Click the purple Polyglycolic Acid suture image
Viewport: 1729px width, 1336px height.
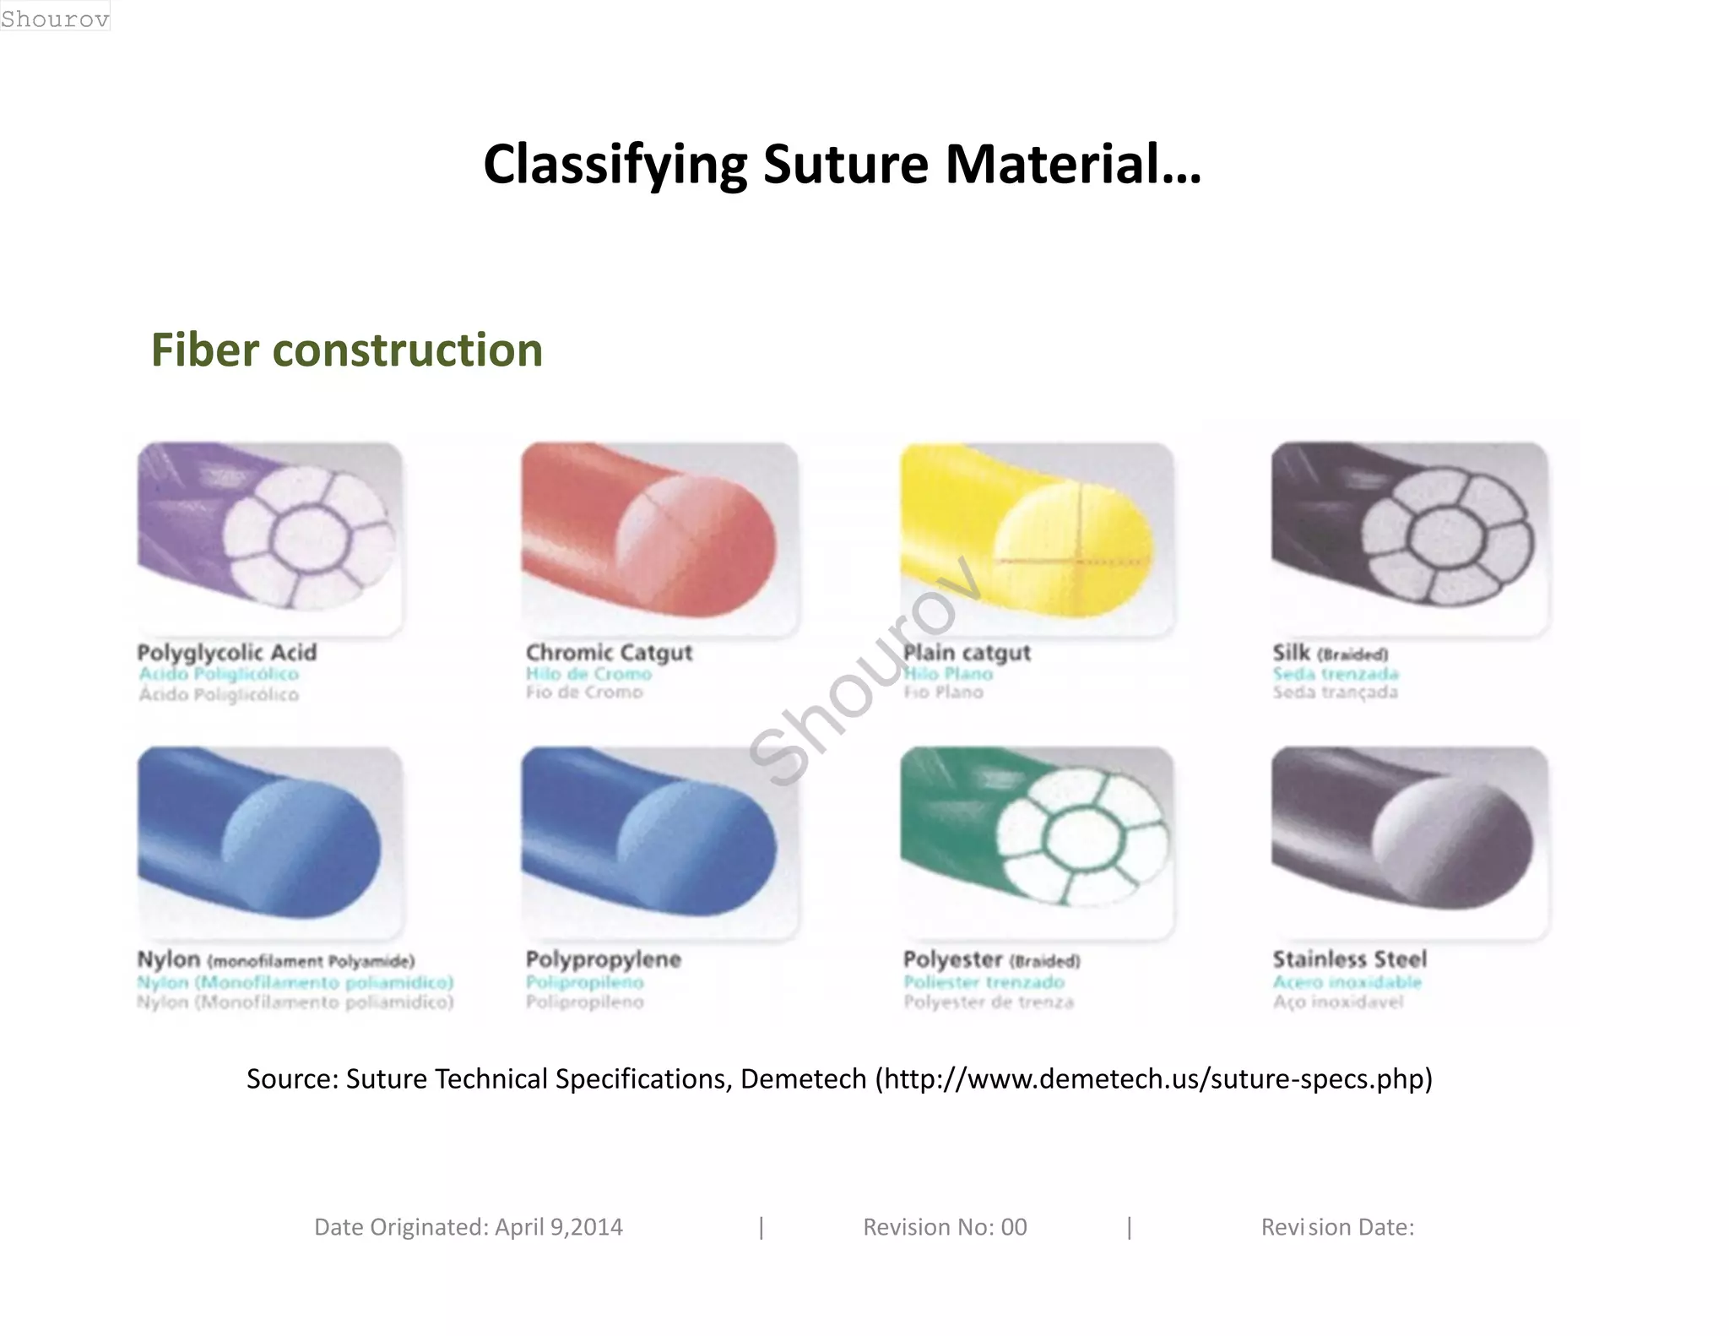pyautogui.click(x=269, y=537)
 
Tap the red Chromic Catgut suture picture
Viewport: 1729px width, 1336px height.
pyautogui.click(x=659, y=537)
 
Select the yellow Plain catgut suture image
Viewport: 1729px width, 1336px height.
pyautogui.click(x=1037, y=537)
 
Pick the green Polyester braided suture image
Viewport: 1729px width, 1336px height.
pyautogui.click(x=1037, y=841)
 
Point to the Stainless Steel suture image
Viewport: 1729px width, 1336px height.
pyautogui.click(x=1409, y=841)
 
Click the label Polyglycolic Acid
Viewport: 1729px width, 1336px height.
pyautogui.click(x=227, y=653)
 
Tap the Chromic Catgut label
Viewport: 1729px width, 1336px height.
pyautogui.click(x=609, y=653)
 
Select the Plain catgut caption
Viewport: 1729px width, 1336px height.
pyautogui.click(x=967, y=653)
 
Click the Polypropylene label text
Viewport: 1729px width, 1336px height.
pyautogui.click(x=603, y=959)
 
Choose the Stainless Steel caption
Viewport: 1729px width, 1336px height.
pyautogui.click(x=1349, y=959)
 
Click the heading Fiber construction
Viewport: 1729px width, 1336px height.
pyautogui.click(x=346, y=350)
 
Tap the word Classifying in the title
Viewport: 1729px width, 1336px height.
pyautogui.click(x=615, y=166)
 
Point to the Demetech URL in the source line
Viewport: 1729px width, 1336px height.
pyautogui.click(x=1154, y=1079)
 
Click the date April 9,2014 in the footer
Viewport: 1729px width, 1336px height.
pyautogui.click(x=559, y=1227)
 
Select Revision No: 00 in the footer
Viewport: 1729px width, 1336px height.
pyautogui.click(x=945, y=1227)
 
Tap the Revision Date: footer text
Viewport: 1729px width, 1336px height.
pyautogui.click(x=1337, y=1227)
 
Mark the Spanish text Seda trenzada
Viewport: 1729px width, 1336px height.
pyautogui.click(x=1336, y=674)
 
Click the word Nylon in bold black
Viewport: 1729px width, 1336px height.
pyautogui.click(x=169, y=959)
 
